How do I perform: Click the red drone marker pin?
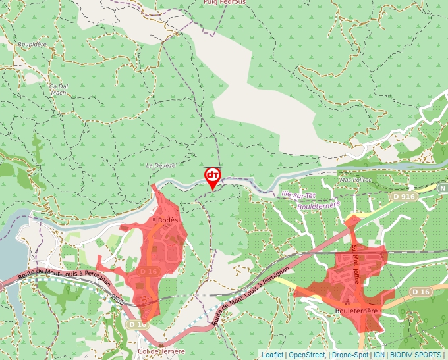coord(213,177)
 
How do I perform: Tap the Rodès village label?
coord(169,220)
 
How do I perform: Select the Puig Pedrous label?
coord(225,3)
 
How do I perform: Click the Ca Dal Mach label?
coord(59,89)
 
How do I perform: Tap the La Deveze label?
coord(161,165)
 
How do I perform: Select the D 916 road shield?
coord(404,196)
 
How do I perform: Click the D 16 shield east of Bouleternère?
coord(420,291)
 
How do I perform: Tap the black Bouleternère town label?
coord(356,309)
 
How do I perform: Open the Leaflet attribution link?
coord(272,355)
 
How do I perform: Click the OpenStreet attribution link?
coord(307,355)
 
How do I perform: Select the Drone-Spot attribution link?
coord(350,355)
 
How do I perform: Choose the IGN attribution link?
coord(379,355)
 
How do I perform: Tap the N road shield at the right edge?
coord(443,188)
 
